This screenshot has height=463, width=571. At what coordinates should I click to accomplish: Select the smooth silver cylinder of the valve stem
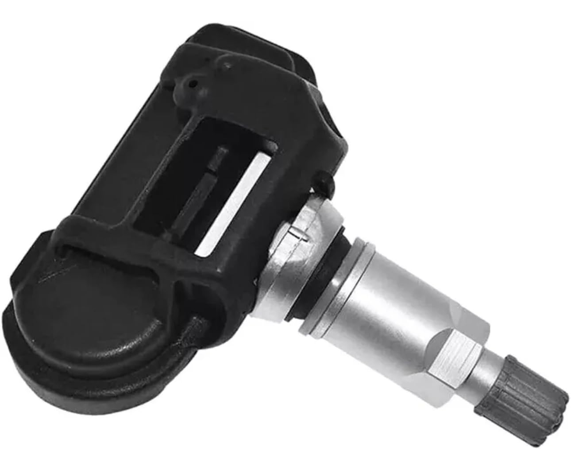(x=390, y=288)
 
